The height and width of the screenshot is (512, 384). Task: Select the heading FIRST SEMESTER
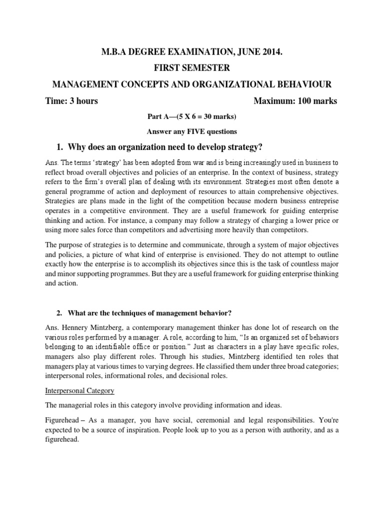[x=192, y=67]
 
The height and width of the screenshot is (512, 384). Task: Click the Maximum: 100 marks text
[x=295, y=101]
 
